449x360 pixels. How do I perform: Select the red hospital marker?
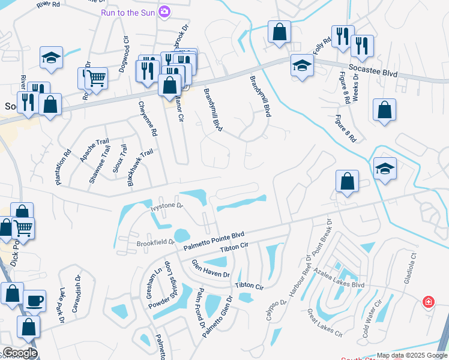[428, 301]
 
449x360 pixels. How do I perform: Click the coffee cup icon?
[35, 299]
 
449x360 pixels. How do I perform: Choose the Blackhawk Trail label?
[140, 169]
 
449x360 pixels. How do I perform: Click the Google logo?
[19, 353]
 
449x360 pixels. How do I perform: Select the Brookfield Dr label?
[155, 243]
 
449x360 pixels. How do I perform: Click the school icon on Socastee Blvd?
[301, 66]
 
